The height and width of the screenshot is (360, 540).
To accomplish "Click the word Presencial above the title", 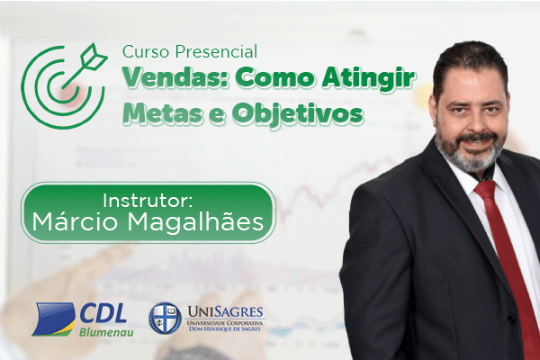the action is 216,51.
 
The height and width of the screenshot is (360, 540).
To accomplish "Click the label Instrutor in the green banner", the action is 148,201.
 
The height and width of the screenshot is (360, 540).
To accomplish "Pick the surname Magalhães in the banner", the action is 195,222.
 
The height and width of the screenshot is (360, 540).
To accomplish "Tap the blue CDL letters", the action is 103,313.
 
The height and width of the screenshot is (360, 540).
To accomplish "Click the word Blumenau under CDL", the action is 106,332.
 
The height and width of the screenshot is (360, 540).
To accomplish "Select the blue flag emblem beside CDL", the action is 54,319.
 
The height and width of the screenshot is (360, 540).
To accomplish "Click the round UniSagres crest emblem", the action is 166,318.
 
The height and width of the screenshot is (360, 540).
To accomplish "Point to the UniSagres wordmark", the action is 226,311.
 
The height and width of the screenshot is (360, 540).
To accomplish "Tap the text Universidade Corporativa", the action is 224,323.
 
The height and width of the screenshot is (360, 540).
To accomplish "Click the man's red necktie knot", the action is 485,190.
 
